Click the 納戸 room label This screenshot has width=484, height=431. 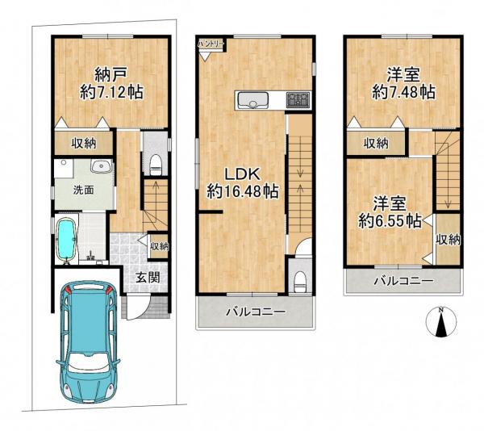tap(111, 75)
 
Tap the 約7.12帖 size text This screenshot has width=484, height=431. tap(111, 92)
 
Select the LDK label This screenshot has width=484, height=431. tap(242, 175)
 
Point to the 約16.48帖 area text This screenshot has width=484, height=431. tap(243, 192)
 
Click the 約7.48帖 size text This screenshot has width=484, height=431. tap(403, 92)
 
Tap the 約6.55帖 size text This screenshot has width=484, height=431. tap(390, 220)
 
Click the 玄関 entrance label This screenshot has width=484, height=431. tap(148, 278)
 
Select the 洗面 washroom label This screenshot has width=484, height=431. tap(83, 190)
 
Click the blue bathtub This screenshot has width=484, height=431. tap(66, 240)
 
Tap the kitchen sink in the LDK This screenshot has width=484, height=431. tap(253, 100)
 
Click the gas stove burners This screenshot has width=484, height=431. tap(298, 100)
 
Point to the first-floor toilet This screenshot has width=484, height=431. tap(156, 165)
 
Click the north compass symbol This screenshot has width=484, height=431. tap(441, 322)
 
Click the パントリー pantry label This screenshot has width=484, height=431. tap(211, 44)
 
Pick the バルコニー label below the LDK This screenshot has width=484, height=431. tap(256, 312)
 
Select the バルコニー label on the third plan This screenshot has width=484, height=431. tap(403, 281)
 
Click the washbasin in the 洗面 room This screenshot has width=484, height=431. tap(101, 166)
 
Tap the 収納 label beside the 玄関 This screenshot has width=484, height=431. tap(159, 246)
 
